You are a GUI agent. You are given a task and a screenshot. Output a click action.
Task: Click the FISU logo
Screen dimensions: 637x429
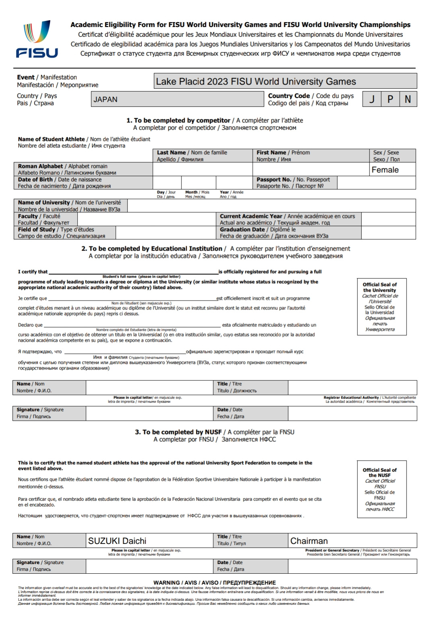(37, 39)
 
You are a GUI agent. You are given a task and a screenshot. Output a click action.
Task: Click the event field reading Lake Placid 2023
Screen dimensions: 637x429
(285, 81)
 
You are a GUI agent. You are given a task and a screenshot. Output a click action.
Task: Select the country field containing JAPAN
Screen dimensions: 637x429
(177, 99)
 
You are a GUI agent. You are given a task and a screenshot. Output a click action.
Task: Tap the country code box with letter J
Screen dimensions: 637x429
(372, 99)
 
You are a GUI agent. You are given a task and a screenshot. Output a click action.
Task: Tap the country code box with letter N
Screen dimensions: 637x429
(408, 99)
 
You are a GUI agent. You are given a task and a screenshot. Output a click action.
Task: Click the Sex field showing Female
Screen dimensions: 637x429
(392, 170)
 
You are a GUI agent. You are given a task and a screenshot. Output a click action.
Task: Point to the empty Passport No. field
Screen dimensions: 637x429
(376, 183)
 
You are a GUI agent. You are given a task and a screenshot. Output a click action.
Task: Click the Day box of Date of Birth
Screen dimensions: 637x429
(167, 183)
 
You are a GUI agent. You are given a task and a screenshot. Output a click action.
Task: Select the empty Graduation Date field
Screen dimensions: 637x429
(388, 232)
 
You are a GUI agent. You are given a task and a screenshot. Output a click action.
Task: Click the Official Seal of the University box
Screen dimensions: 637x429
(382, 307)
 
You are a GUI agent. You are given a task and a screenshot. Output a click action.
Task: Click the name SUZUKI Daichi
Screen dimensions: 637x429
(117, 541)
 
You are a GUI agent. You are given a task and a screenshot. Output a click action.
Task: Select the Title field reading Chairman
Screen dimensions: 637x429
(309, 541)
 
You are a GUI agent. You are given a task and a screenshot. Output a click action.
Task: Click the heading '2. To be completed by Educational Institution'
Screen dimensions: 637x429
(153, 249)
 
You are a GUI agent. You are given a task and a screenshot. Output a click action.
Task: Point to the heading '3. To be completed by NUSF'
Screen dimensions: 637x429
(178, 432)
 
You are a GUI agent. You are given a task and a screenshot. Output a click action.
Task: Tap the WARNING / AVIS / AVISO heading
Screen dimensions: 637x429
(214, 583)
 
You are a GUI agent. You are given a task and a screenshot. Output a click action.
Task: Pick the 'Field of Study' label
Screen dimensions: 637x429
(37, 230)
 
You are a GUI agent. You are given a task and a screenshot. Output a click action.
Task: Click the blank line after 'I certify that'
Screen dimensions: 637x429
(133, 272)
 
